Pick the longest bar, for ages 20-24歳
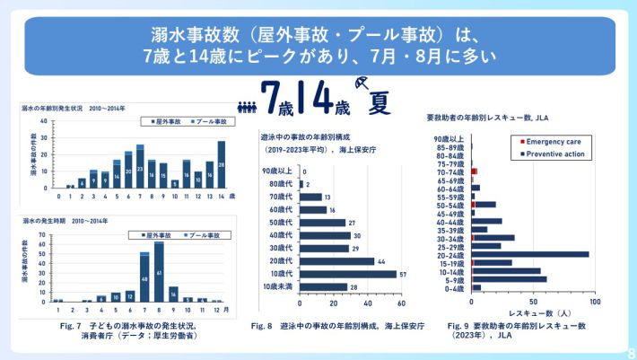pos(530,254)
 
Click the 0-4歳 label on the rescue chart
pos(454,288)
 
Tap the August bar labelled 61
pos(159,271)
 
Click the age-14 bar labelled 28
pos(221,165)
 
